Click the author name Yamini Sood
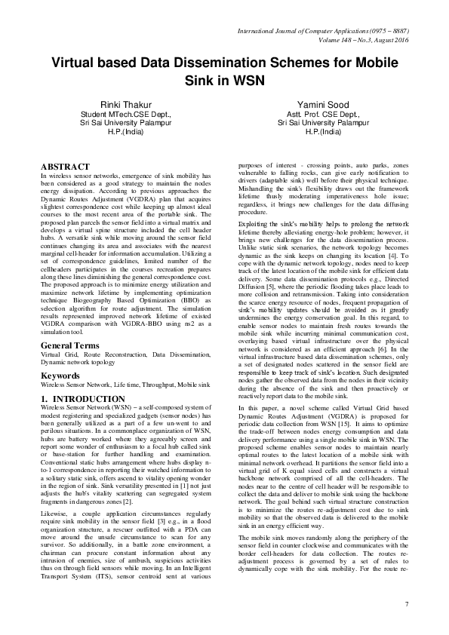point(317,104)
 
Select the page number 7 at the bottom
point(406,604)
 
